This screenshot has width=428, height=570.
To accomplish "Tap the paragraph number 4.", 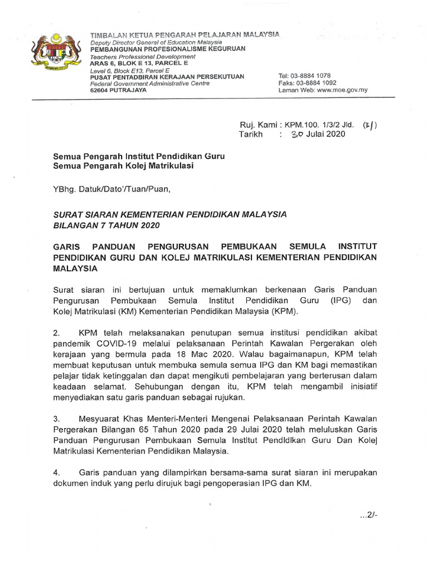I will pyautogui.click(x=56, y=472).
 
